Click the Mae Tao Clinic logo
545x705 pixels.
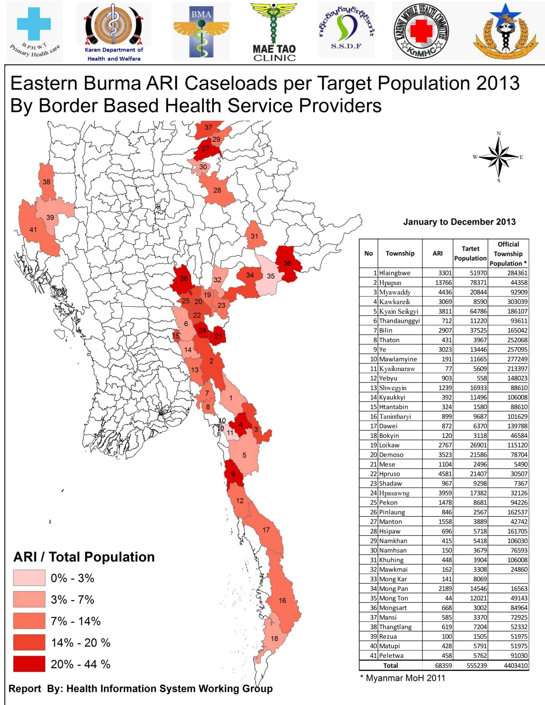tap(274, 32)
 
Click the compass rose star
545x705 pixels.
tap(499, 157)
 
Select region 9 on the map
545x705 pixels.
tap(233, 474)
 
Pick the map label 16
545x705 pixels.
tap(282, 601)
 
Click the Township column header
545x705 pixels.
tap(400, 253)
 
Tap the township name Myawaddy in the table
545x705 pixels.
tap(395, 292)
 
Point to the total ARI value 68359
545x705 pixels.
tap(442, 666)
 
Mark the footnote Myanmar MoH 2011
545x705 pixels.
tap(403, 678)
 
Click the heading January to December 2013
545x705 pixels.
tap(459, 222)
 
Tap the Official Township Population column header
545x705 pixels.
tap(508, 254)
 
